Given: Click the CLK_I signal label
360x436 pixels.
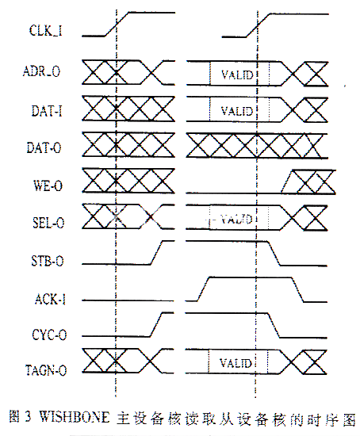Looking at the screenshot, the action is [x=46, y=30].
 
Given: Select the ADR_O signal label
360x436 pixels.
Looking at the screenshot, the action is [x=41, y=71].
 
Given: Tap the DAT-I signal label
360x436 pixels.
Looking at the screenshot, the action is [x=47, y=110].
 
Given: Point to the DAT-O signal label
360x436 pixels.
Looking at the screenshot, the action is [x=44, y=147].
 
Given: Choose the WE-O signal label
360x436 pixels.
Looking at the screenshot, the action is [x=48, y=185].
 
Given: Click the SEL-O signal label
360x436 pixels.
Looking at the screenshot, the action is [x=48, y=223].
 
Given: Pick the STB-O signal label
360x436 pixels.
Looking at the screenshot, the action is [x=48, y=261].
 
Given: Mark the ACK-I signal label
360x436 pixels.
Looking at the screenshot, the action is [x=50, y=299].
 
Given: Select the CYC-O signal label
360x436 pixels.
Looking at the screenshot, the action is [x=49, y=335].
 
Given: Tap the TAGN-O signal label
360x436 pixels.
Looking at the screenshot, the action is [x=46, y=370].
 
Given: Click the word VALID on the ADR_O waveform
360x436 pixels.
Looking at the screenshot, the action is [x=237, y=75].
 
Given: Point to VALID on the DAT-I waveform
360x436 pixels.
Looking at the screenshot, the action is [x=237, y=111].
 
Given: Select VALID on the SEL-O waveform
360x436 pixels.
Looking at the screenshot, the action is [x=236, y=219].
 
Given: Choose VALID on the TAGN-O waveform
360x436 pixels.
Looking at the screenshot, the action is [x=236, y=363].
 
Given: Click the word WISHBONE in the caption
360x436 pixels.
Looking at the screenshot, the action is [x=75, y=417].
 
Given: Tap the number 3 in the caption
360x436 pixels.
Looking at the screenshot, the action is [x=28, y=417].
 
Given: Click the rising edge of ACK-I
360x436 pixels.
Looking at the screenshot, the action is [x=203, y=289].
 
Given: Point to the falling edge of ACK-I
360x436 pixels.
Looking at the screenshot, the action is [x=297, y=289].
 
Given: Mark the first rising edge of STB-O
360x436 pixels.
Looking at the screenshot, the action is [x=156, y=252].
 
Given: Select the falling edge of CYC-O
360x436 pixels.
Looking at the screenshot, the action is [x=274, y=325].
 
